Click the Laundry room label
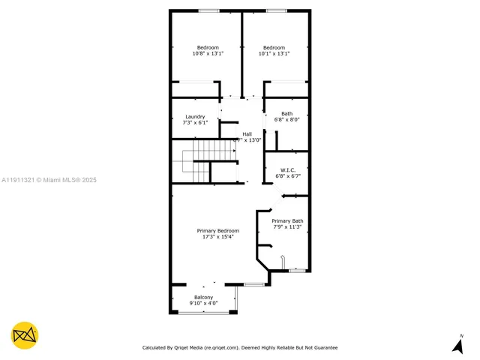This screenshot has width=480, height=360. (195, 117)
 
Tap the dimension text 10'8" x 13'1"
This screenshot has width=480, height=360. (208, 53)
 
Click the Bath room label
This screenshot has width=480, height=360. (287, 114)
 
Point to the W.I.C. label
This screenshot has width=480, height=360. (287, 169)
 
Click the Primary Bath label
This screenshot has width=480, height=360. (287, 220)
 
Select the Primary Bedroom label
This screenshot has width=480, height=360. (218, 230)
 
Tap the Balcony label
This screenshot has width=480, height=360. (203, 297)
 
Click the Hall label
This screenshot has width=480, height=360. (247, 133)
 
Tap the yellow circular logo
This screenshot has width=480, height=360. (25, 335)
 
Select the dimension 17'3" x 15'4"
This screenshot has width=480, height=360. (218, 237)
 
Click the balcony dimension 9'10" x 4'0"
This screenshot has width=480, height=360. (203, 303)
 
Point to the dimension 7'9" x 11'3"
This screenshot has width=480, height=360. (287, 227)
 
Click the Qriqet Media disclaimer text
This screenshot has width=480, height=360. (240, 347)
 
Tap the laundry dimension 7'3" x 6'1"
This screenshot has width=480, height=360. (195, 123)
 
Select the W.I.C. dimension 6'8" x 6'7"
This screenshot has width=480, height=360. (287, 175)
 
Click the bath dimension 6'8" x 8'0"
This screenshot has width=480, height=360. (287, 120)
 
